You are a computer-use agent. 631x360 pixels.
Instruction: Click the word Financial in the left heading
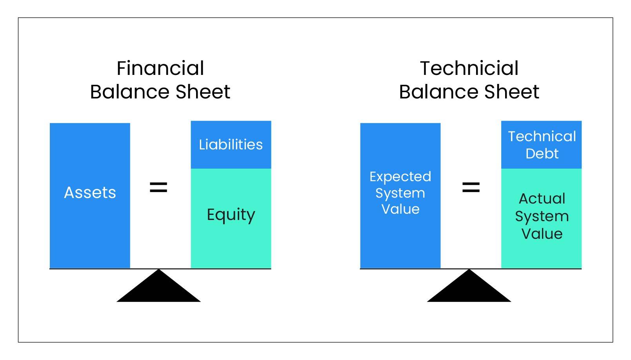pyautogui.click(x=160, y=68)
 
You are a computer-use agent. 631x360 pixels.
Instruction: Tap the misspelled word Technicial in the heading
pyautogui.click(x=469, y=68)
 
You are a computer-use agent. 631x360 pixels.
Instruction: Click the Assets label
pyautogui.click(x=90, y=193)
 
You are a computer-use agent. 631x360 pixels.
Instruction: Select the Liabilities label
pyautogui.click(x=231, y=144)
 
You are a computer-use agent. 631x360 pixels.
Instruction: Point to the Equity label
pyautogui.click(x=231, y=215)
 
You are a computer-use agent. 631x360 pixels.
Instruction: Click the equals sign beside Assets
pyautogui.click(x=158, y=187)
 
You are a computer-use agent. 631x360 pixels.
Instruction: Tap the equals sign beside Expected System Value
pyautogui.click(x=471, y=187)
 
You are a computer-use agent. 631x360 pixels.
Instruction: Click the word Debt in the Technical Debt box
pyautogui.click(x=542, y=153)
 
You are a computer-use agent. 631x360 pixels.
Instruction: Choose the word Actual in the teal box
pyautogui.click(x=542, y=198)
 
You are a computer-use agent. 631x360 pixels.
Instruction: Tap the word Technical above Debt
pyautogui.click(x=542, y=136)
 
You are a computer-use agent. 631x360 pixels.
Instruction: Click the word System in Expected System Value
pyautogui.click(x=400, y=194)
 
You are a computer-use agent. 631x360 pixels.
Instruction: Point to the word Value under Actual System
pyautogui.click(x=542, y=234)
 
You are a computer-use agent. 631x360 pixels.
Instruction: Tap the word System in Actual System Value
pyautogui.click(x=542, y=217)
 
